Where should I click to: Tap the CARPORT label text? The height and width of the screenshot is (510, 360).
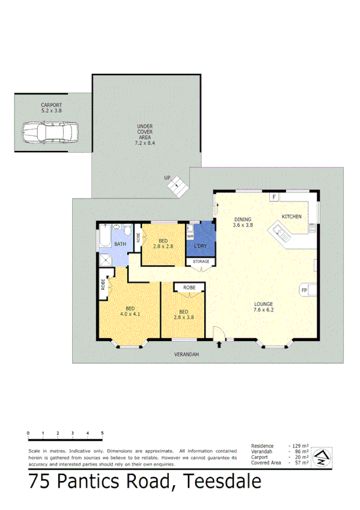pyautogui.click(x=51, y=105)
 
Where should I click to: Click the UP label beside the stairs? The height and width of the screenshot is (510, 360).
pyautogui.click(x=168, y=178)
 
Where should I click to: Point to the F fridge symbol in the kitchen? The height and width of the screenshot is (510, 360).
pyautogui.click(x=274, y=197)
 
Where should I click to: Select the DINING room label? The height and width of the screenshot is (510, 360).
pyautogui.click(x=243, y=219)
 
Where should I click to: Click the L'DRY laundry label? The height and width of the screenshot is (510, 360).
pyautogui.click(x=200, y=246)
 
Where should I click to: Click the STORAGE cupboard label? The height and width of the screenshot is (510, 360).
pyautogui.click(x=201, y=262)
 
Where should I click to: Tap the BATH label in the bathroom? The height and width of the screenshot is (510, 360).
pyautogui.click(x=120, y=244)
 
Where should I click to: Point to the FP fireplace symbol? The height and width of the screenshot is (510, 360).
pyautogui.click(x=304, y=290)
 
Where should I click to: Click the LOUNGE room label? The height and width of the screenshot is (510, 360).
pyautogui.click(x=263, y=304)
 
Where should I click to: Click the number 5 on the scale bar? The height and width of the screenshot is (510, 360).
pyautogui.click(x=102, y=433)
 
